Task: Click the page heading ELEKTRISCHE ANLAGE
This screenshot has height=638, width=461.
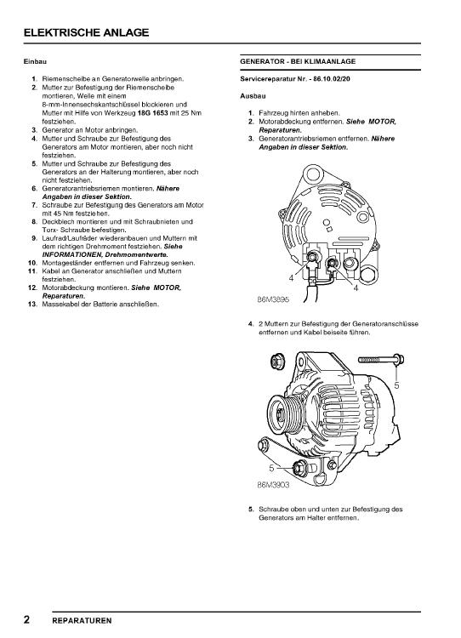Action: pos(86,32)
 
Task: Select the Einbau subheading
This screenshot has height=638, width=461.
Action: pos(35,62)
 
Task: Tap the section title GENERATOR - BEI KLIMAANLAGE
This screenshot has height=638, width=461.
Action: pos(298,62)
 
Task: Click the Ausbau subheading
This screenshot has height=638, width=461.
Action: pos(253,96)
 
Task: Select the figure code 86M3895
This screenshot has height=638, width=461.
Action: pos(273,299)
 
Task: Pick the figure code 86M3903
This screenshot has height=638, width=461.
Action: pos(273,485)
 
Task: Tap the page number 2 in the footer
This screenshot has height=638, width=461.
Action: pos(27,619)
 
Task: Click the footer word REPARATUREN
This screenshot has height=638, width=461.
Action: pos(82,621)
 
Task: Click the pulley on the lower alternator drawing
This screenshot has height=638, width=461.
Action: pos(282,415)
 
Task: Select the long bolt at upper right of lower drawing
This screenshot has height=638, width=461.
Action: pos(381,360)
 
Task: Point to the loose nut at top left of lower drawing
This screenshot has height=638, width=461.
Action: pos(277,362)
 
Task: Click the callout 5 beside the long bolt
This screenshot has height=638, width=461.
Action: pos(396,385)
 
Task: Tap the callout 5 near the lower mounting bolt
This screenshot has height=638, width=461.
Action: pos(271,468)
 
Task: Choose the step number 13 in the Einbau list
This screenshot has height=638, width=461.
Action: pos(33,304)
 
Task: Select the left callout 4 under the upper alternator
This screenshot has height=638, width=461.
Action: pos(291,278)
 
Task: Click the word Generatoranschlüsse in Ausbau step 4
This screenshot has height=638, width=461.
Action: pos(385,324)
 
